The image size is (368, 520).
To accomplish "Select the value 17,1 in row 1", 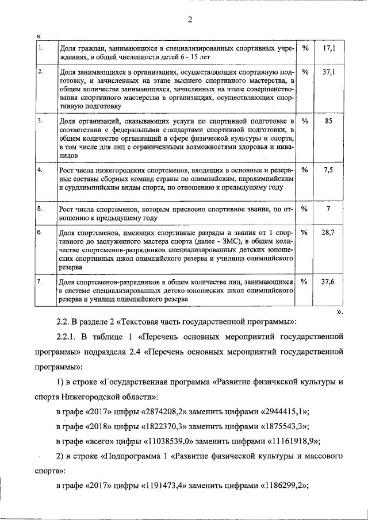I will [x=328, y=49].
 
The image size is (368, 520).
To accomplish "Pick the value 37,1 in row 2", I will [x=328, y=73].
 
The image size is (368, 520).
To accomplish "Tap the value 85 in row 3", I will [x=328, y=121].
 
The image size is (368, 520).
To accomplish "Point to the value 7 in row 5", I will [x=328, y=209].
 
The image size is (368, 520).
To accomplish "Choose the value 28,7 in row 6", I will [x=328, y=233].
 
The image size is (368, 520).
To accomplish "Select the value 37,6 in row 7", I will [x=328, y=282].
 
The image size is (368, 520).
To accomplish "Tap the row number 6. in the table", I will [x=40, y=233].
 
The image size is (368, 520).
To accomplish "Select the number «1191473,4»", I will [x=167, y=486].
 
